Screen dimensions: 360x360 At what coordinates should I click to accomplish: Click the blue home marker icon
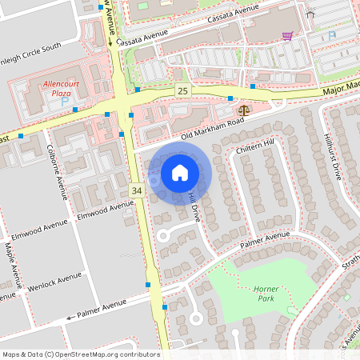point(180,172)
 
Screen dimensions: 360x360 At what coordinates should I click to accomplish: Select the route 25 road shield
point(183,90)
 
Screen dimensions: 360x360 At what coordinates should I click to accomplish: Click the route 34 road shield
point(136,190)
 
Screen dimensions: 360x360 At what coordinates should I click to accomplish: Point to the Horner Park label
point(264,294)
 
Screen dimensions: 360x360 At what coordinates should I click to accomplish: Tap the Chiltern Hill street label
point(255,146)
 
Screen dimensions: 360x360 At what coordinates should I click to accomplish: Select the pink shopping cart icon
point(287,36)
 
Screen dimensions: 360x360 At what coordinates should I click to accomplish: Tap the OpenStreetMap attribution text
point(81,354)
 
